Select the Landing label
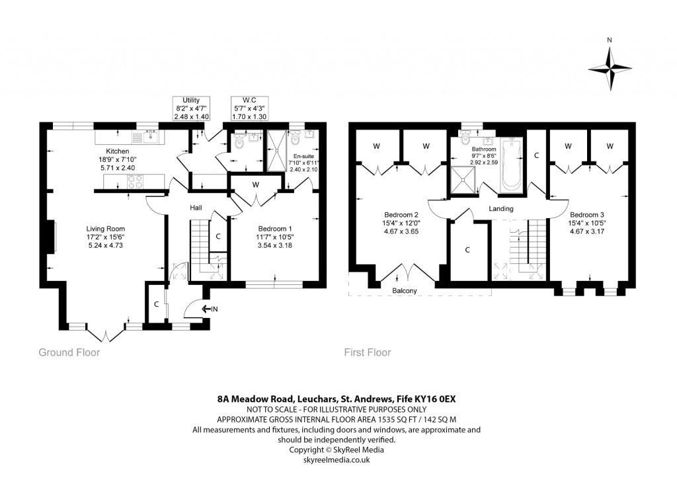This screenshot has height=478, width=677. point(500,209)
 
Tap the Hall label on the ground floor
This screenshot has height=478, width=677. point(196,208)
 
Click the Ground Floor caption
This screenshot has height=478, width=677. point(69,352)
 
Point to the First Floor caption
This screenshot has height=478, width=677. point(367,352)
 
